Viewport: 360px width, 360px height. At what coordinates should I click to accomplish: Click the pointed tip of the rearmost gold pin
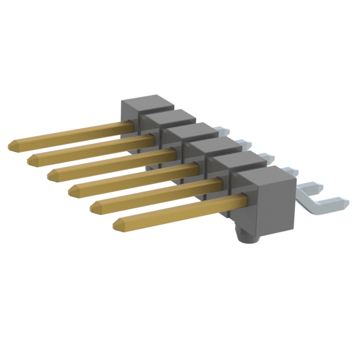[11, 146]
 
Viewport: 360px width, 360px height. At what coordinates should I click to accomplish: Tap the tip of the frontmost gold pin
[116, 226]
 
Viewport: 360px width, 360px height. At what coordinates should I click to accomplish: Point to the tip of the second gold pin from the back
[30, 160]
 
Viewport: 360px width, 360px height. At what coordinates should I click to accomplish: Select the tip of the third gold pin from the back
[51, 175]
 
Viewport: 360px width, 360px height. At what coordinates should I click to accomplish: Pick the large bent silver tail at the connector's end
[321, 202]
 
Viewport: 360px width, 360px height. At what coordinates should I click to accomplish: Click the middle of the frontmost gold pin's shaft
[180, 211]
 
